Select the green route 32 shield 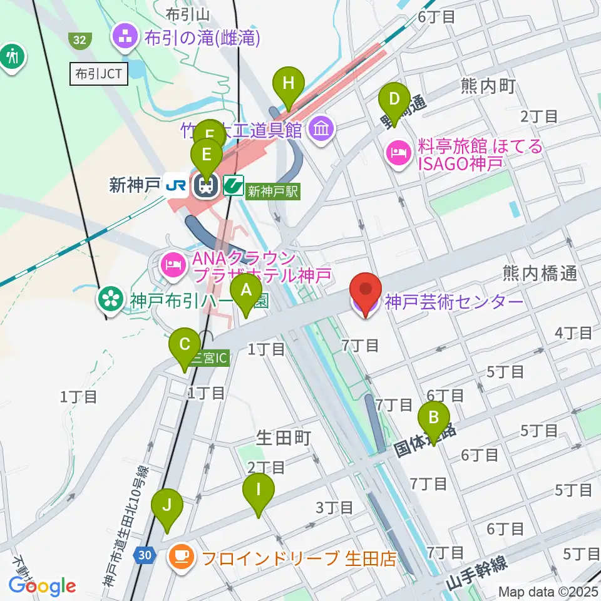tap(79, 40)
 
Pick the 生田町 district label tap(283, 438)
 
